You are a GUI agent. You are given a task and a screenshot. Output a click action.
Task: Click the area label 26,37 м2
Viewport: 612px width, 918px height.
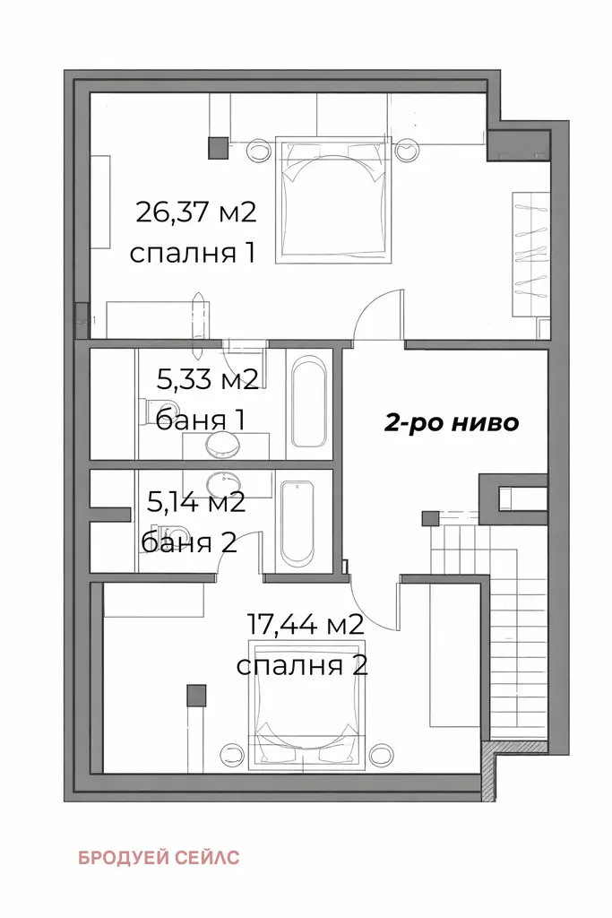tap(195, 212)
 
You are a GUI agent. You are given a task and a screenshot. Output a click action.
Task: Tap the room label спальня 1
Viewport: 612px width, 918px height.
tap(193, 254)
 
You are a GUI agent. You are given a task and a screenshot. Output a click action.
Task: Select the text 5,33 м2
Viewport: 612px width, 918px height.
tap(208, 380)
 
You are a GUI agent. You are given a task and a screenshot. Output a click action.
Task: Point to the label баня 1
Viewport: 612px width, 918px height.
tap(200, 420)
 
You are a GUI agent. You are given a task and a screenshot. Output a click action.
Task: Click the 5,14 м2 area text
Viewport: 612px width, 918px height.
tap(196, 502)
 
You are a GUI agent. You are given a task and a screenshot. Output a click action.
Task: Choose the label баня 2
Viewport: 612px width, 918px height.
tap(189, 542)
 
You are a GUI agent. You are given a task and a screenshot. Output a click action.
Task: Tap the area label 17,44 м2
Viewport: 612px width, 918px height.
tap(306, 625)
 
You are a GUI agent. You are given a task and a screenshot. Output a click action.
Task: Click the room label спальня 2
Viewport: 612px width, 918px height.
tap(302, 666)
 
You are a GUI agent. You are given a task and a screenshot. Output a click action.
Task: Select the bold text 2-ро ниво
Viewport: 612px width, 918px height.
tap(451, 422)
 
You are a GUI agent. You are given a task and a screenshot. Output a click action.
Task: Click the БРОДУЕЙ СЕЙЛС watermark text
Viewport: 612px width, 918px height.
tap(159, 858)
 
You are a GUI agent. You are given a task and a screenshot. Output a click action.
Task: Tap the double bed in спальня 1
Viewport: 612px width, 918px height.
tap(334, 200)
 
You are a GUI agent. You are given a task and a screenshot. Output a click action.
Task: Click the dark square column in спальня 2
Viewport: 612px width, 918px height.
tap(196, 696)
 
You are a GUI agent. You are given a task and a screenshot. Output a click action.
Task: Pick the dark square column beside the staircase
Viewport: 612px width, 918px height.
tap(431, 518)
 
